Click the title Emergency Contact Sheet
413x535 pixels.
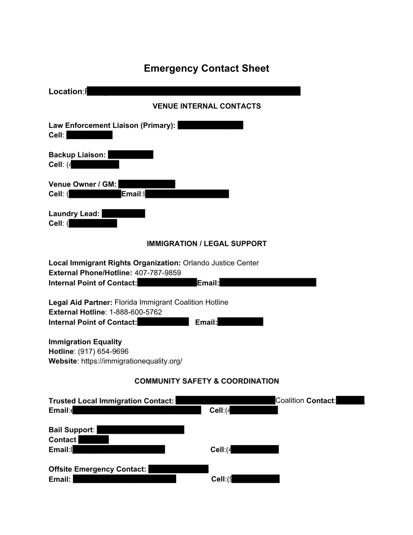click(x=206, y=68)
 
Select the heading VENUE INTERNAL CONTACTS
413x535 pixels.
click(x=206, y=106)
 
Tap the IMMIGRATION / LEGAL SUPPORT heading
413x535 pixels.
click(x=206, y=244)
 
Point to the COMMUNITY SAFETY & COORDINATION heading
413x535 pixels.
click(x=206, y=381)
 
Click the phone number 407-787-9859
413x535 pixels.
click(x=158, y=273)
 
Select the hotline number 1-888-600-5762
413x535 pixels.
click(x=136, y=312)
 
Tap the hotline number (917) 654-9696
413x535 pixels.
click(x=103, y=351)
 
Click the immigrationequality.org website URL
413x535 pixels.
click(x=131, y=361)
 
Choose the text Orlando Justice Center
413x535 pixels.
click(x=221, y=263)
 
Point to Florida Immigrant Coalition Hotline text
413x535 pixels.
click(x=171, y=302)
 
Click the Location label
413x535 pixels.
click(x=65, y=91)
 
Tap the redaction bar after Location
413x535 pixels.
click(x=193, y=91)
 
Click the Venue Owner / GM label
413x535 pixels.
click(x=82, y=184)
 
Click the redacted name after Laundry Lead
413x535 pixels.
click(x=123, y=214)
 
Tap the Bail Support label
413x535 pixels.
click(x=71, y=430)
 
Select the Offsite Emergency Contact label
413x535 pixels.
click(x=97, y=469)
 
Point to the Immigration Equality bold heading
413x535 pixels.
click(x=85, y=342)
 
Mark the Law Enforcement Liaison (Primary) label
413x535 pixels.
click(x=112, y=125)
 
